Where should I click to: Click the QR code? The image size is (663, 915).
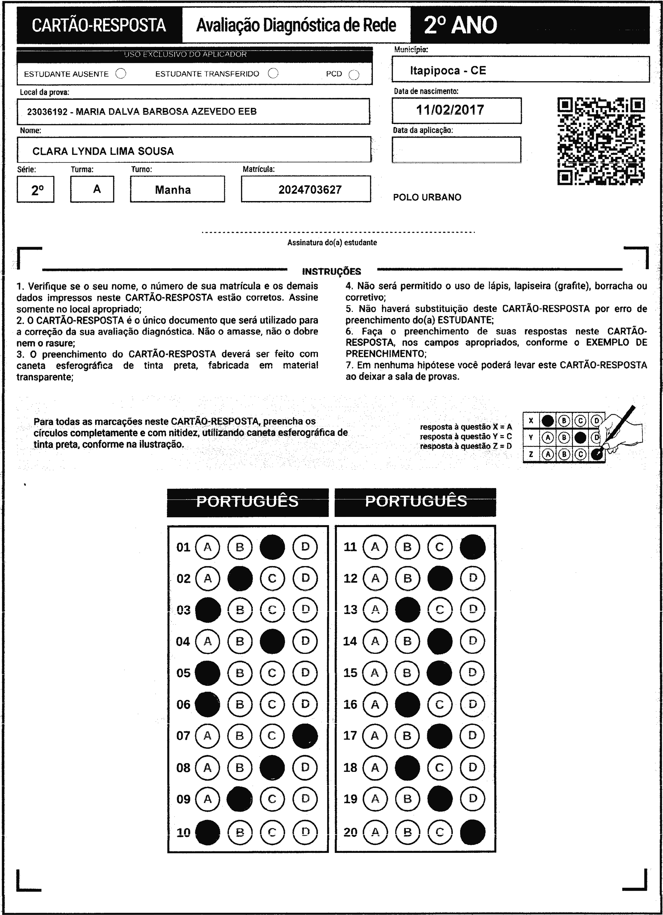click(601, 141)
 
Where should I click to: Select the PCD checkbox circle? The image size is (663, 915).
click(354, 75)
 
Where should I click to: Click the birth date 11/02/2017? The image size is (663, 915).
click(450, 110)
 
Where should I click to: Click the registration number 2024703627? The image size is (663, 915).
click(310, 190)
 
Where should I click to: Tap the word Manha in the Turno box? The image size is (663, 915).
click(173, 190)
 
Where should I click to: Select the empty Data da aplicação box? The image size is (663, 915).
click(456, 150)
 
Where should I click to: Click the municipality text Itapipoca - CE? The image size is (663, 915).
click(448, 71)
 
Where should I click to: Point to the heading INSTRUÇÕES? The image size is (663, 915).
click(331, 272)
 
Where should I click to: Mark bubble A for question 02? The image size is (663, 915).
click(208, 578)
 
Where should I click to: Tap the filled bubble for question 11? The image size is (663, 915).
click(472, 547)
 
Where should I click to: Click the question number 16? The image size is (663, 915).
click(350, 704)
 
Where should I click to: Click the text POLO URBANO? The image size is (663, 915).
click(427, 197)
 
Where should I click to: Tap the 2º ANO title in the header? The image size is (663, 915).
click(461, 25)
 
